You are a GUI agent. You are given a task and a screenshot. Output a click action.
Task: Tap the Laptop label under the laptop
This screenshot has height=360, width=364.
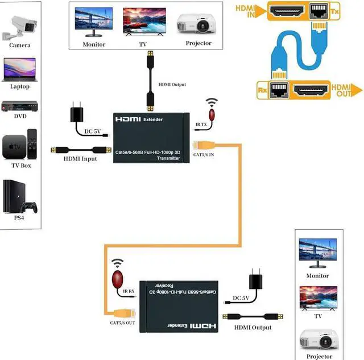[19, 86]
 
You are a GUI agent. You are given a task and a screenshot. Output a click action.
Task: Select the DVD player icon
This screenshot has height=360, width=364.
[19, 106]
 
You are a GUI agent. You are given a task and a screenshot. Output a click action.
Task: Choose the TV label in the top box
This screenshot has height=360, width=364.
[143, 44]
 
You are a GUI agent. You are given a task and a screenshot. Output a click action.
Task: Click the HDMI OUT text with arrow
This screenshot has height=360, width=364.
[342, 90]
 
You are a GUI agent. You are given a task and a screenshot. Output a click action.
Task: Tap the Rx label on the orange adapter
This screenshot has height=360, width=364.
[262, 89]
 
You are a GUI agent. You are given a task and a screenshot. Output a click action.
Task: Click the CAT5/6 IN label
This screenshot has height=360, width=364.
[204, 155]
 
